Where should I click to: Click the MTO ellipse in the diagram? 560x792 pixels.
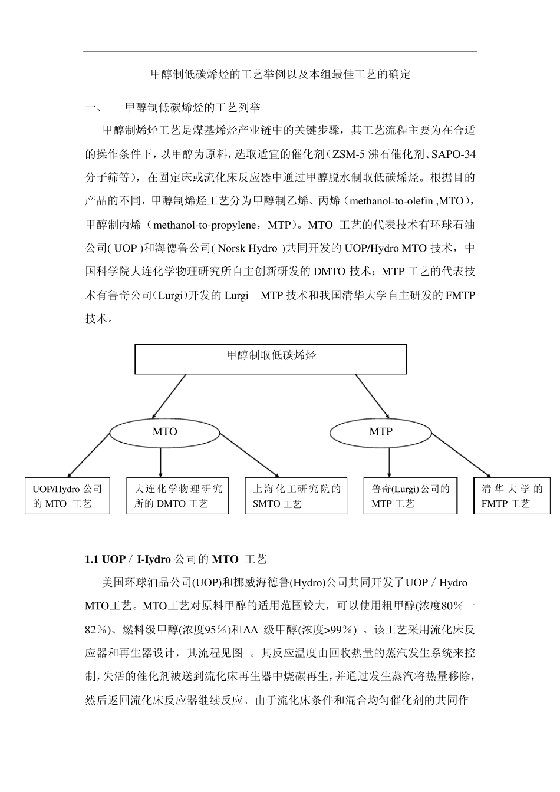click(165, 432)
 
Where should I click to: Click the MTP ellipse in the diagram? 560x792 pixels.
click(381, 432)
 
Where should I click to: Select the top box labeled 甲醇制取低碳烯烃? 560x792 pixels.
click(271, 359)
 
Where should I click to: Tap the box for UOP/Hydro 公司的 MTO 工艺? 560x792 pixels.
click(67, 496)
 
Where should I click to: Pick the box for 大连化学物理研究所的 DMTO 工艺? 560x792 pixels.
click(177, 496)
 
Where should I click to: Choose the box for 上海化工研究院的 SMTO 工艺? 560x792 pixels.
click(297, 496)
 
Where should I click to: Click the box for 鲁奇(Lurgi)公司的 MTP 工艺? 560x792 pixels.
click(410, 496)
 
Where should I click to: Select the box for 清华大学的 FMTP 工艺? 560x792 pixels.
click(512, 496)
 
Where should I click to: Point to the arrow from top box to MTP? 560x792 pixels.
click(372, 397)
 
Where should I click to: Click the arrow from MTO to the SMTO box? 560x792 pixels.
click(249, 455)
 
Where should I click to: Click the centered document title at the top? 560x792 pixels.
click(281, 75)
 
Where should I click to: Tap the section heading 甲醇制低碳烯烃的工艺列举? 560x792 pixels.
click(192, 107)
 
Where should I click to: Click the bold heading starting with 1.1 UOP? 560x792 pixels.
click(176, 559)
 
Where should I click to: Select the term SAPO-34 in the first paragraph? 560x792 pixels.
click(453, 154)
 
